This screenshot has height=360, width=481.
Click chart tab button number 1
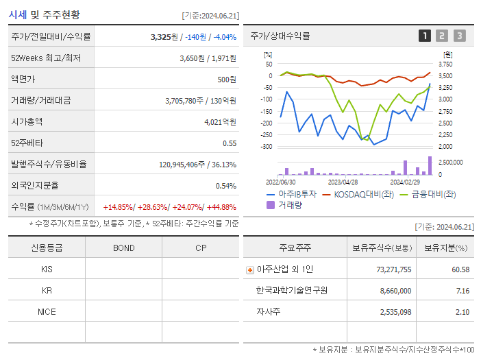[425, 36]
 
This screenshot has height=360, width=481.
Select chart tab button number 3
[459, 36]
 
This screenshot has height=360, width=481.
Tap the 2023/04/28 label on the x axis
[343, 182]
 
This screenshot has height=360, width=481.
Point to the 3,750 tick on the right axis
[445, 64]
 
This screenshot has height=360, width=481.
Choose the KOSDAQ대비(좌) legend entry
[362, 194]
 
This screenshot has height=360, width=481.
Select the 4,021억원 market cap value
[219, 122]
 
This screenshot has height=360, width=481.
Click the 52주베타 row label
[26, 143]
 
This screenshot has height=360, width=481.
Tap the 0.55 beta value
[230, 143]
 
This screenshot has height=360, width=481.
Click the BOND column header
[123, 248]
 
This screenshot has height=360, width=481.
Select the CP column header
[201, 248]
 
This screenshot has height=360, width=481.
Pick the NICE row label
[47, 311]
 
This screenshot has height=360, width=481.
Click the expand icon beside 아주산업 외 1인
[250, 269]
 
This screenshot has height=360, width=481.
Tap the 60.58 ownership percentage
[460, 269]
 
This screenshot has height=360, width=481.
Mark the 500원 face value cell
[226, 80]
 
